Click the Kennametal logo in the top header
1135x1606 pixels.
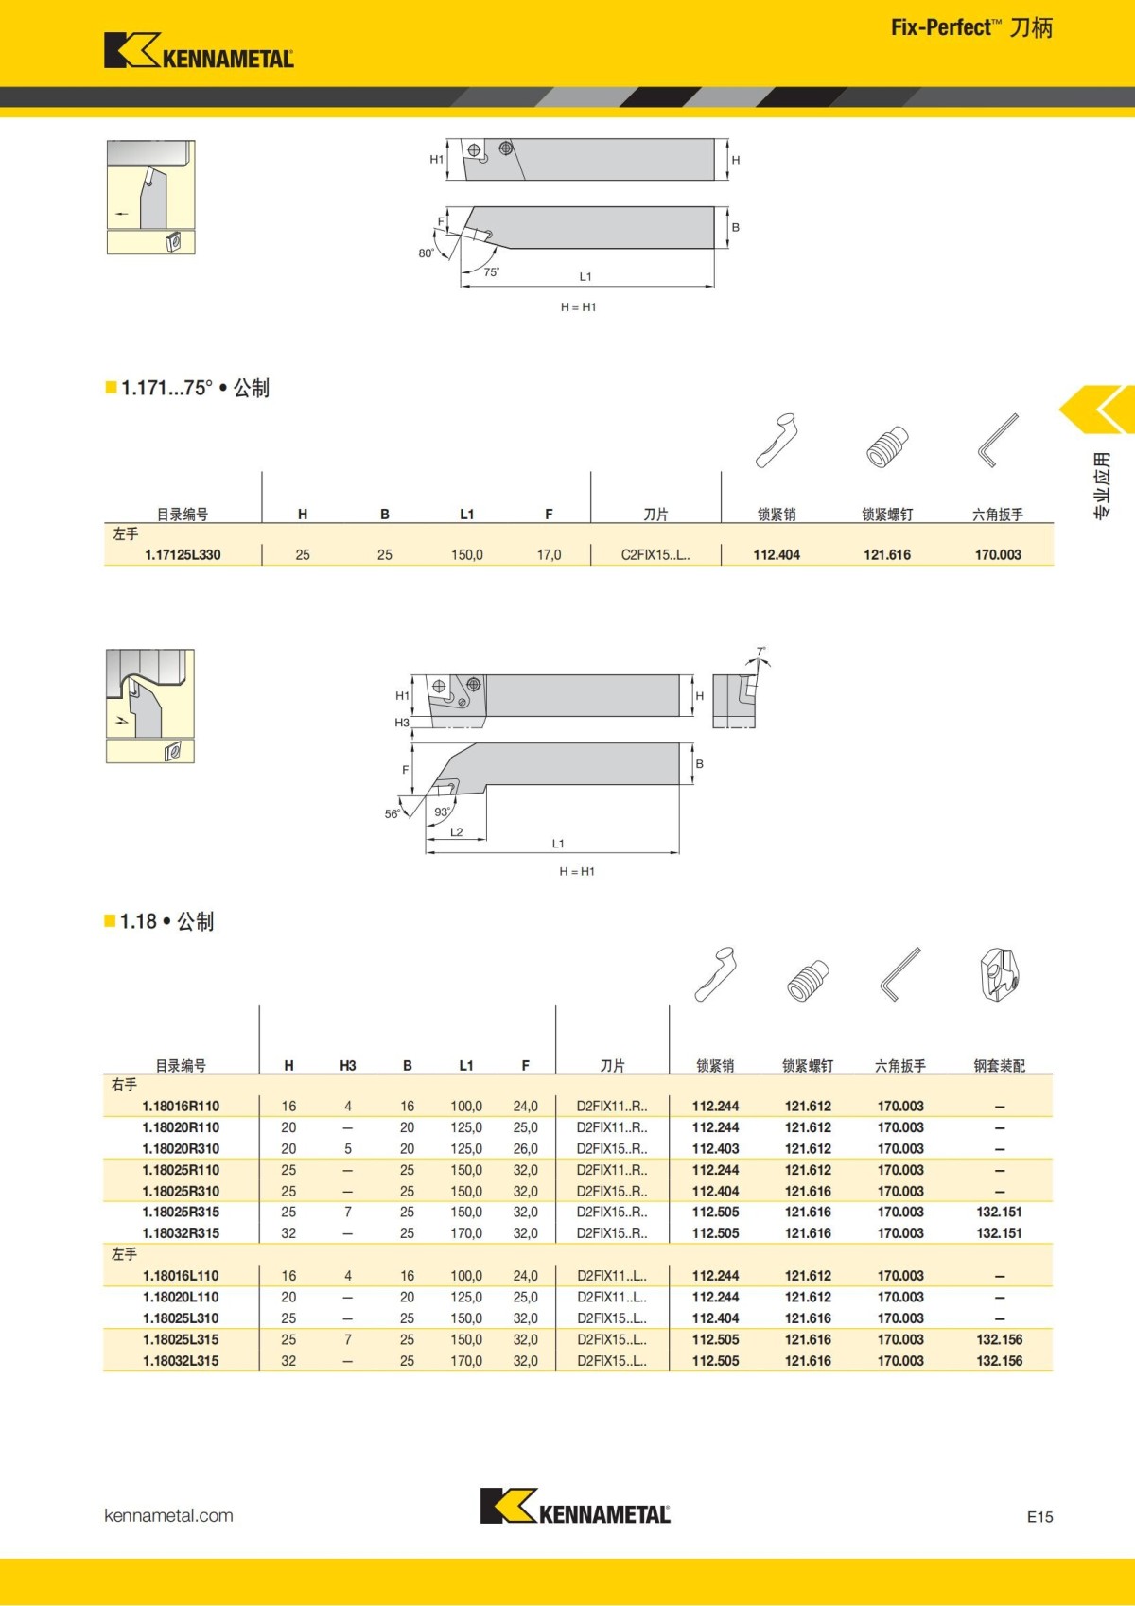point(199,51)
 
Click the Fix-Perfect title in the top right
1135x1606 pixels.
point(971,27)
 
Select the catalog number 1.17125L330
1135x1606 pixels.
point(183,555)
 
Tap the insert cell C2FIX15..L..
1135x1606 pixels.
point(655,555)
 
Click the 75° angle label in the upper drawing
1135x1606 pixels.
point(491,272)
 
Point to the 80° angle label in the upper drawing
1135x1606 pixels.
point(427,253)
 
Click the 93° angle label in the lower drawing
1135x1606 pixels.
point(442,812)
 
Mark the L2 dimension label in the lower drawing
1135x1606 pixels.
point(457,832)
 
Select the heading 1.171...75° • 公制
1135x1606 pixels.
point(195,388)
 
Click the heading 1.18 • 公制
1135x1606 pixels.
point(166,921)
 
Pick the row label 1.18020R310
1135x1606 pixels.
point(181,1148)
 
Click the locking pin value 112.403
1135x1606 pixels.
point(715,1148)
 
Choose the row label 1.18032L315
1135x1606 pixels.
point(181,1361)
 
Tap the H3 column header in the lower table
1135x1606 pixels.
point(348,1066)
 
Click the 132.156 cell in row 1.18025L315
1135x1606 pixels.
point(999,1339)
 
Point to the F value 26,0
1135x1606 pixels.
point(525,1148)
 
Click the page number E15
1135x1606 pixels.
point(1039,1516)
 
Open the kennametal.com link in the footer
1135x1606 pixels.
point(168,1515)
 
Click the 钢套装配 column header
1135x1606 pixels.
point(999,1066)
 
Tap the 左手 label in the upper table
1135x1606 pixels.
point(126,534)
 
